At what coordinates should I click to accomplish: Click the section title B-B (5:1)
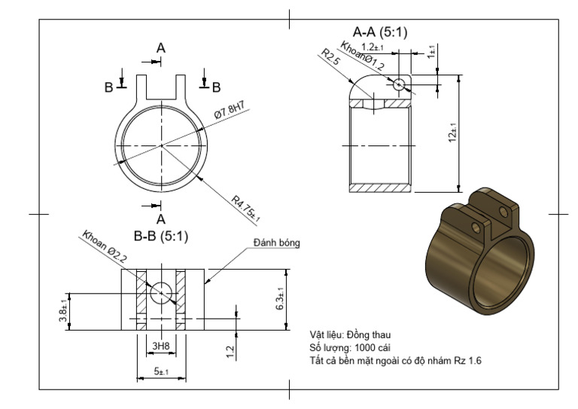tap(160, 237)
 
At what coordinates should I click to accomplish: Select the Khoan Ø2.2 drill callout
tap(106, 247)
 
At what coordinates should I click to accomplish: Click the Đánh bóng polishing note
tap(276, 243)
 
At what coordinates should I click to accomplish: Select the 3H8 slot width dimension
tap(160, 346)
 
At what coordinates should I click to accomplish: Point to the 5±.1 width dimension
tap(160, 371)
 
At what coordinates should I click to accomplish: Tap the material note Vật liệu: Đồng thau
tap(351, 334)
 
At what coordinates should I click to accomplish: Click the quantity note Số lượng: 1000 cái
tap(351, 347)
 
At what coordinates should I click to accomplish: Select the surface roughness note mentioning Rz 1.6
tap(396, 361)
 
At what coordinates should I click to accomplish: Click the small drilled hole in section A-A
tap(399, 84)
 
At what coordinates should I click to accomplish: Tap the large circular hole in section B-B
tap(161, 292)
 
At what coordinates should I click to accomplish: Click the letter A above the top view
tap(160, 47)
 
